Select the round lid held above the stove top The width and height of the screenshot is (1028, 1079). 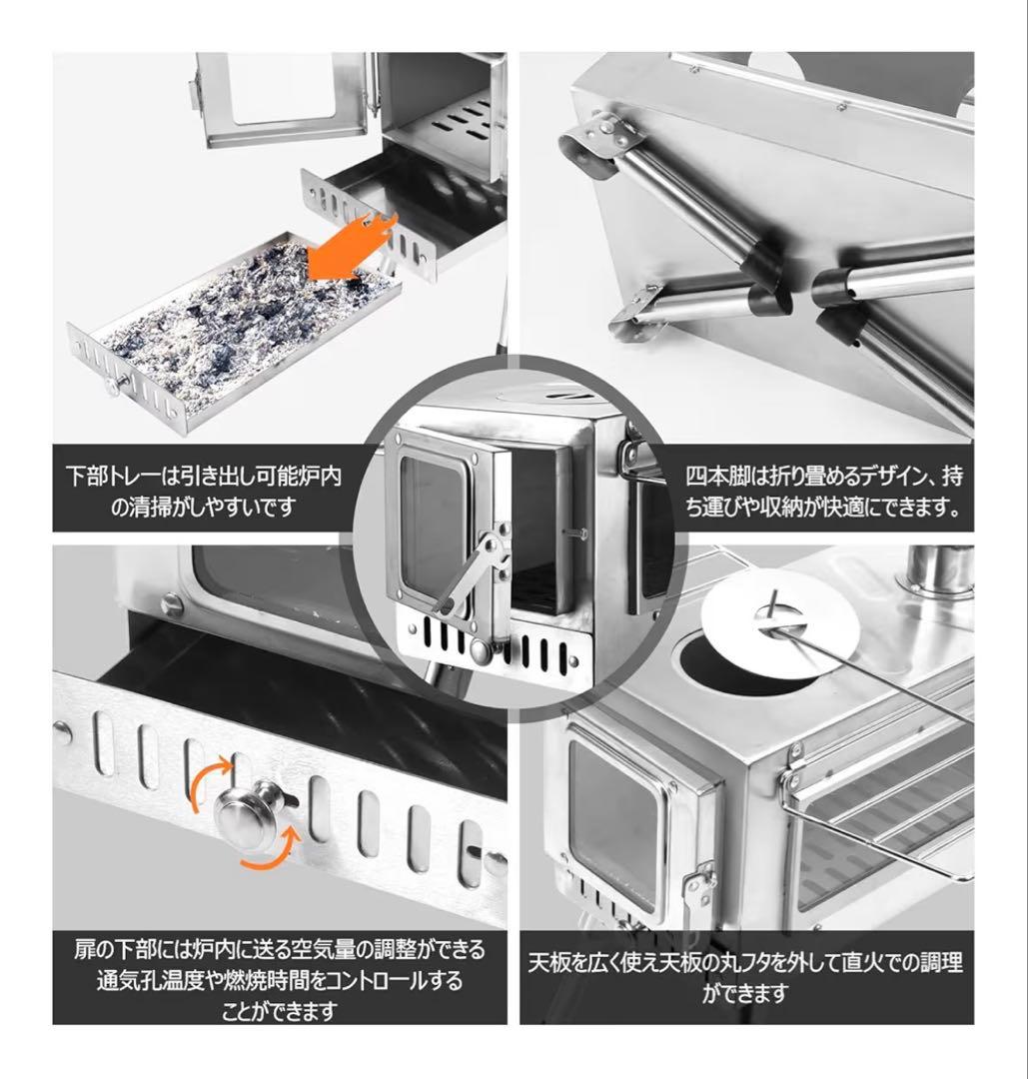(x=781, y=625)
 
